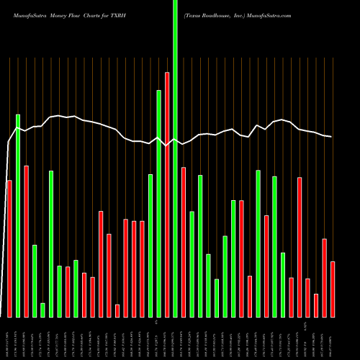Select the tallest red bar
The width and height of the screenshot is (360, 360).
(x=167, y=194)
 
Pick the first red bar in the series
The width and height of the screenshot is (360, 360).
(x=9, y=248)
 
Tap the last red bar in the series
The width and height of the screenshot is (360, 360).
(x=333, y=289)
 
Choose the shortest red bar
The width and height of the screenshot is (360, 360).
(x=117, y=310)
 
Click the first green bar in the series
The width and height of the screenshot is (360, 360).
(x=18, y=215)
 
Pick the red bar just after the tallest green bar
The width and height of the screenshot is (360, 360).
(x=184, y=242)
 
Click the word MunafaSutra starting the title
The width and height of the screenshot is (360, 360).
(x=26, y=14)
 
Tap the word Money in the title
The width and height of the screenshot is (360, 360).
(x=61, y=14)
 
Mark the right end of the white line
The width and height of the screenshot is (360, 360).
(x=332, y=137)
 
